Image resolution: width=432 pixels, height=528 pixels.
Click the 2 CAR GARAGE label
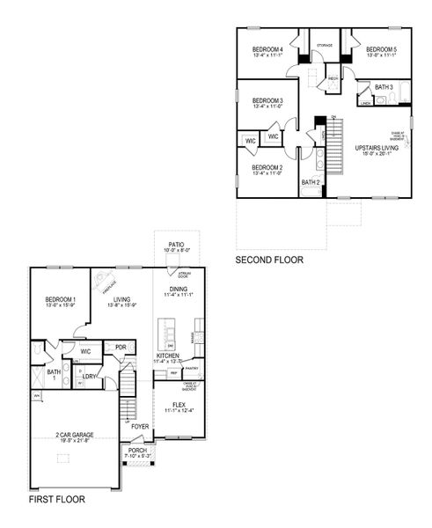point(74,435)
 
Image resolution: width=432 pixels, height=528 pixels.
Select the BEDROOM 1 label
point(61,300)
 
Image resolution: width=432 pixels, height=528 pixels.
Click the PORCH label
point(135,451)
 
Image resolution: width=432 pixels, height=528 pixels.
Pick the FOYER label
point(140,427)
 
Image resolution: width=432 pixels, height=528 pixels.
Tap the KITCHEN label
point(169,356)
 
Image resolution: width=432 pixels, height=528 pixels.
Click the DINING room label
point(178,290)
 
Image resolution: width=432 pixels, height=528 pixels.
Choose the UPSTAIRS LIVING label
point(377,148)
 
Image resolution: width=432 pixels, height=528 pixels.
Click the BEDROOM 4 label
point(267,49)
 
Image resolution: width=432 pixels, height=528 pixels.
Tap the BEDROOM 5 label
point(382,49)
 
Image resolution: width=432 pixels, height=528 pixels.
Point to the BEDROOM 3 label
point(267,102)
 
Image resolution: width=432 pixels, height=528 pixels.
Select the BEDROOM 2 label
point(267,167)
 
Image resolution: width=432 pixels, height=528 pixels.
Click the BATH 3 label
point(384,87)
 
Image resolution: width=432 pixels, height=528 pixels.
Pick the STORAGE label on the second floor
point(325,44)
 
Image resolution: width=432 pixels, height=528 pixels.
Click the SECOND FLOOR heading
point(269,260)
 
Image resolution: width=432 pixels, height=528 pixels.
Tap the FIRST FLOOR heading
point(56,499)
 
